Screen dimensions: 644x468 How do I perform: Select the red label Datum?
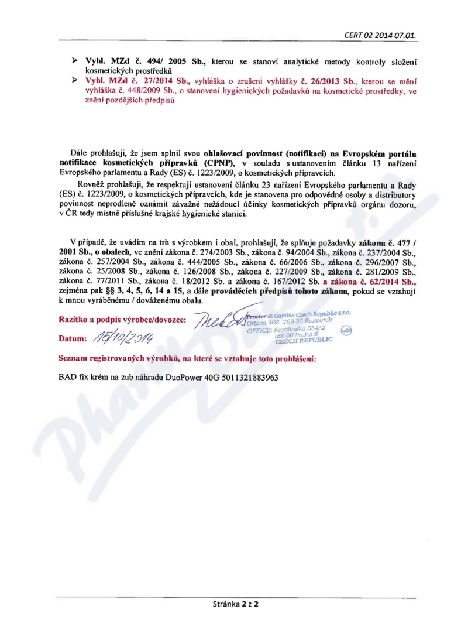click(x=74, y=339)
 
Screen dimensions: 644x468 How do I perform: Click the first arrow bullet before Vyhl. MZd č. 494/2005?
click(x=75, y=60)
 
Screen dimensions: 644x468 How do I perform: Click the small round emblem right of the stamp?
click(x=346, y=330)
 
